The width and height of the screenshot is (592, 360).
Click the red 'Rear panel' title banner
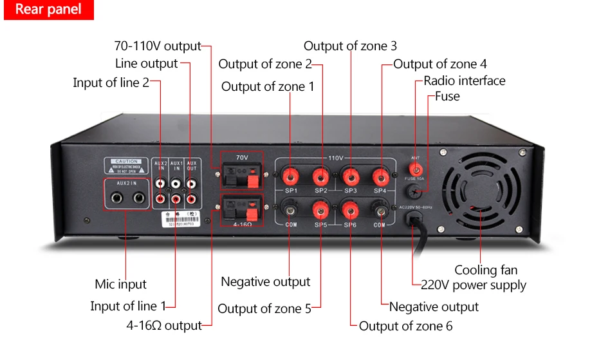click(x=48, y=10)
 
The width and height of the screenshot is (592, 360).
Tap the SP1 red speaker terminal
click(x=290, y=175)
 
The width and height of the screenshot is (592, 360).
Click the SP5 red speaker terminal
click(x=320, y=209)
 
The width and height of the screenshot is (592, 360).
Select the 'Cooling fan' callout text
click(x=486, y=270)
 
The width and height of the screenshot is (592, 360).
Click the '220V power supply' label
click(x=474, y=285)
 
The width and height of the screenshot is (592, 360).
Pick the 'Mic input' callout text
click(x=120, y=284)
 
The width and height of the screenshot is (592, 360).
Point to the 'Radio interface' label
click(x=465, y=81)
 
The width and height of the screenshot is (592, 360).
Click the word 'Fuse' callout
click(x=447, y=96)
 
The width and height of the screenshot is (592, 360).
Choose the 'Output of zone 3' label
click(x=350, y=46)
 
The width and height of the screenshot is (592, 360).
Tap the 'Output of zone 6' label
click(x=405, y=326)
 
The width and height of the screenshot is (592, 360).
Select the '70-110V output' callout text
click(x=158, y=46)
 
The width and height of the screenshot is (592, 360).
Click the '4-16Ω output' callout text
click(x=164, y=325)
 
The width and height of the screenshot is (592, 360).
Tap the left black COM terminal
click(x=290, y=209)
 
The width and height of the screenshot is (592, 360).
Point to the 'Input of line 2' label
click(x=111, y=82)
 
